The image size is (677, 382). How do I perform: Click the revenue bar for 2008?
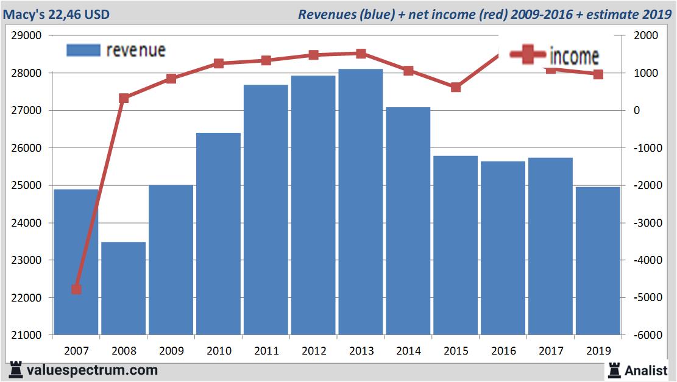[x=123, y=289]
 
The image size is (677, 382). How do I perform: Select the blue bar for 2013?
[x=361, y=202]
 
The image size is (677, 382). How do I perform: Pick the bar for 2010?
[x=218, y=234]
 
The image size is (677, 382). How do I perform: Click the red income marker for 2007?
[x=76, y=289]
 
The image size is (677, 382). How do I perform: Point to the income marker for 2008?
[x=124, y=98]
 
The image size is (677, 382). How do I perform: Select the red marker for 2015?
[x=456, y=87]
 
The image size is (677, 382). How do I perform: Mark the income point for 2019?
[x=598, y=74]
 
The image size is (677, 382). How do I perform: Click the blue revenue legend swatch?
[x=83, y=50]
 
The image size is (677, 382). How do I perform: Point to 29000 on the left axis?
[x=27, y=36]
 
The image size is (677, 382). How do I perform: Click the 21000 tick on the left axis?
[x=27, y=335]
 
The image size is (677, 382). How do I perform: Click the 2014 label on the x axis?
[x=408, y=351]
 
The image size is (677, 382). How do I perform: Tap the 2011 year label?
[x=266, y=351]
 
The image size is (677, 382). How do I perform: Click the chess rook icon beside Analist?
[x=614, y=370]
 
